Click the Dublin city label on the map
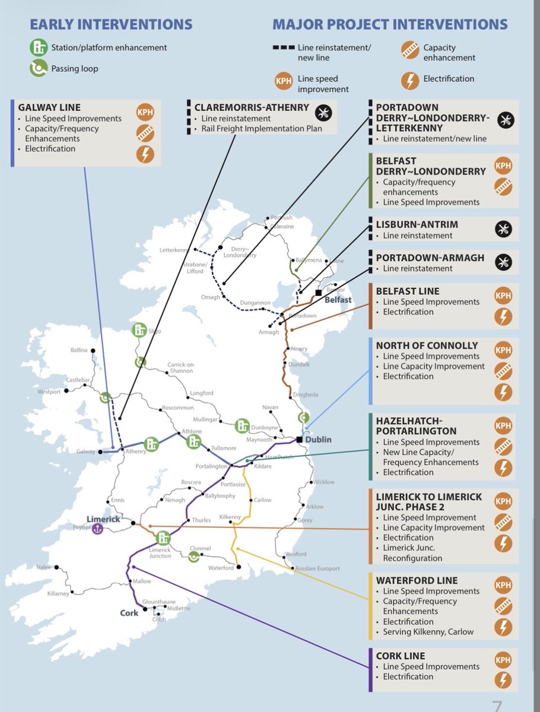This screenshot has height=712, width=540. [x=319, y=440]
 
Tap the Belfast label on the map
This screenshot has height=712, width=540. [x=338, y=300]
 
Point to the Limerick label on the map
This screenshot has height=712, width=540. [x=103, y=519]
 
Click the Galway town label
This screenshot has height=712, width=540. [x=86, y=452]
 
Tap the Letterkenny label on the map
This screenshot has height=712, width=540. [x=174, y=251]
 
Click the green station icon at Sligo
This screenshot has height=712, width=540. [x=140, y=330]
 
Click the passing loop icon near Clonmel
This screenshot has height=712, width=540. [x=193, y=557]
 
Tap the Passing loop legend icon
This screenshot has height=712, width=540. [x=39, y=69]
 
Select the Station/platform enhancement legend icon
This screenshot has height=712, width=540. [x=39, y=47]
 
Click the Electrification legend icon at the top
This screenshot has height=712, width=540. [x=409, y=79]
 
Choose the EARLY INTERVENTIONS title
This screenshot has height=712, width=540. [x=111, y=24]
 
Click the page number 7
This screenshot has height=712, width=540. [x=497, y=705]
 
